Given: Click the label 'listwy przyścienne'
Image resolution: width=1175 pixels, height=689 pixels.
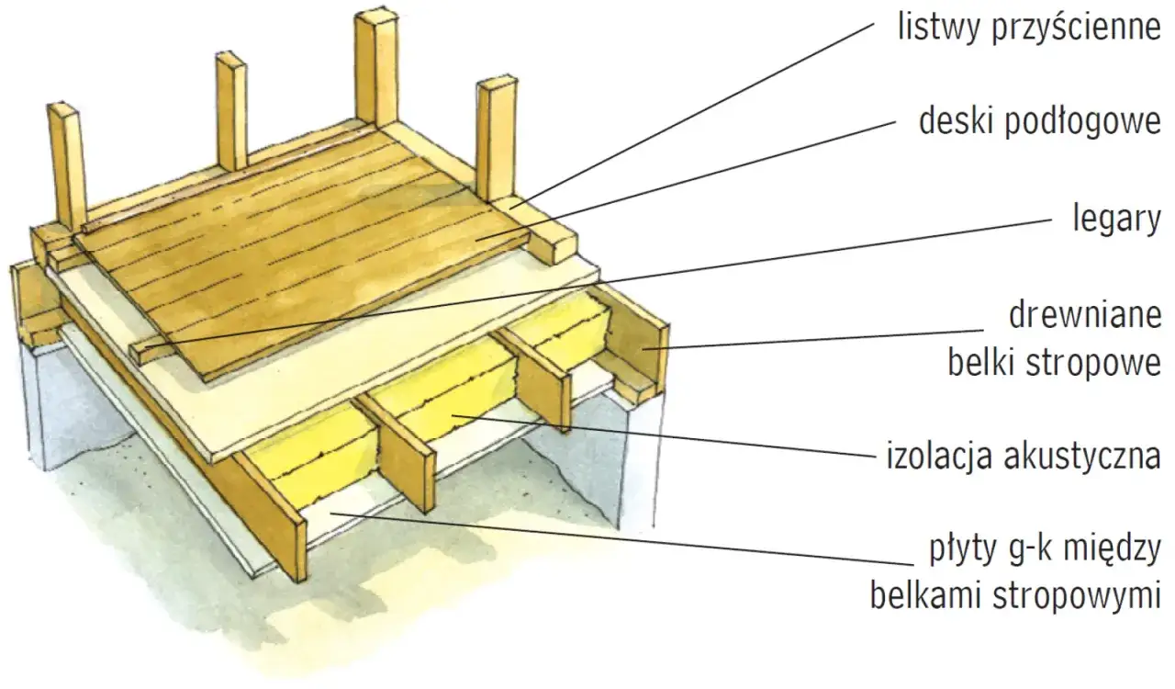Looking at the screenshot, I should click(x=1028, y=28).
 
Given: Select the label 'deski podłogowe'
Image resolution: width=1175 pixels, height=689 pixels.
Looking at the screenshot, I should click(x=1040, y=121).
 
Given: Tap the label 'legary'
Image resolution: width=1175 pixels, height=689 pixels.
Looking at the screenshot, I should click(x=1116, y=220).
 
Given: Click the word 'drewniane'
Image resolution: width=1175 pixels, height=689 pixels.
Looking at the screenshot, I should click(x=1085, y=316).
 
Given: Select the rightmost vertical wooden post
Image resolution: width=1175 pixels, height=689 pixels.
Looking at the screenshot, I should click(x=496, y=138).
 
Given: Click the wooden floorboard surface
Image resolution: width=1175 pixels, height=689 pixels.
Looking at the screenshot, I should click(x=303, y=239).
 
